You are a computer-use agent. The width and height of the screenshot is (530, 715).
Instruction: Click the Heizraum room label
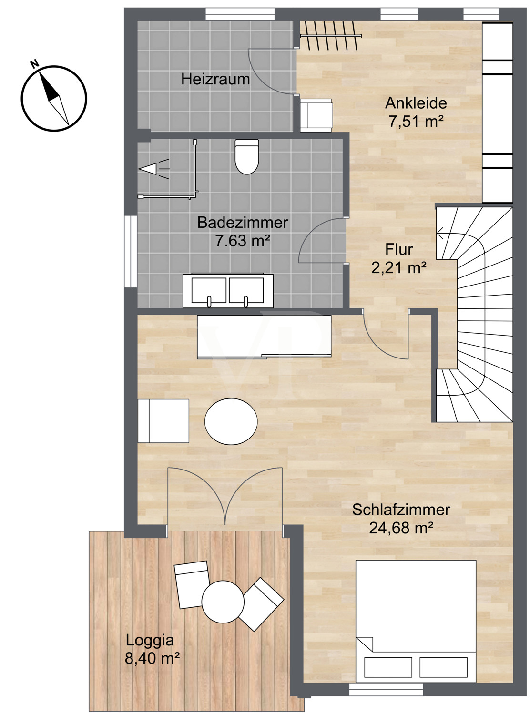215,79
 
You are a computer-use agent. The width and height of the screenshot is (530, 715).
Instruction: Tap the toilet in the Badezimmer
246,157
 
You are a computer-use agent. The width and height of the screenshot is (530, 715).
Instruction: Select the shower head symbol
154,169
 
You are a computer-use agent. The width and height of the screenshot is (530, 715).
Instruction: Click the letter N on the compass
34,64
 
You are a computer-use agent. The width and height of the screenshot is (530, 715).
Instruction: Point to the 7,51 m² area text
416,122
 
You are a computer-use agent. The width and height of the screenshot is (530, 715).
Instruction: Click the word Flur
399,249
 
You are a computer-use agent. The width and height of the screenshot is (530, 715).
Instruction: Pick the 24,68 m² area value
401,528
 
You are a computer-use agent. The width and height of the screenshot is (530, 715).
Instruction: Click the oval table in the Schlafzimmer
231,422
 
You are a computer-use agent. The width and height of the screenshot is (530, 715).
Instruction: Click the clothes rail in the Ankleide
331,35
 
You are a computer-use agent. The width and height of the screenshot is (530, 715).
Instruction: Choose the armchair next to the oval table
163,421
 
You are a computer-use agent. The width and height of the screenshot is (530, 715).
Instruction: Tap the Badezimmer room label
243,223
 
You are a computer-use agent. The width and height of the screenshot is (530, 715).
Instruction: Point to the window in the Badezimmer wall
131,252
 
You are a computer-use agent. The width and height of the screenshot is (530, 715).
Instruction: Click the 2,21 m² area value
399,267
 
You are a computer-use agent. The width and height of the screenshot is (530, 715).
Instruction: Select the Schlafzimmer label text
401,510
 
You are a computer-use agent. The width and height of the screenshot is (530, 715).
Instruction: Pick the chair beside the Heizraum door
316,115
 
